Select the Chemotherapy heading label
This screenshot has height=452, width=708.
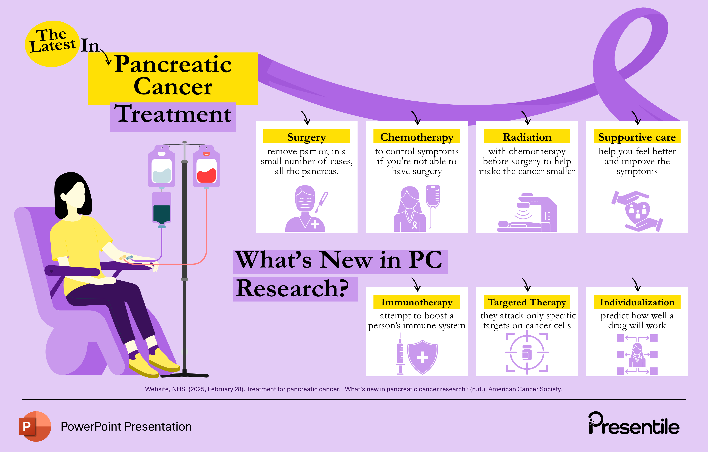417,137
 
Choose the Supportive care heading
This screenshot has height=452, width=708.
637,137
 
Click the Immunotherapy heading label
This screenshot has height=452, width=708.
417,302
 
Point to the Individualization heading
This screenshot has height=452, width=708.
637,302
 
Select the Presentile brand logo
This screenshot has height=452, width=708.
634,424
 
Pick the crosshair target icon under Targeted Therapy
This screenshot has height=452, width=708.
527,353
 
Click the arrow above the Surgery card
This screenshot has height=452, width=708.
306,118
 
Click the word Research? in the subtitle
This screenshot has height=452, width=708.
293,289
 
